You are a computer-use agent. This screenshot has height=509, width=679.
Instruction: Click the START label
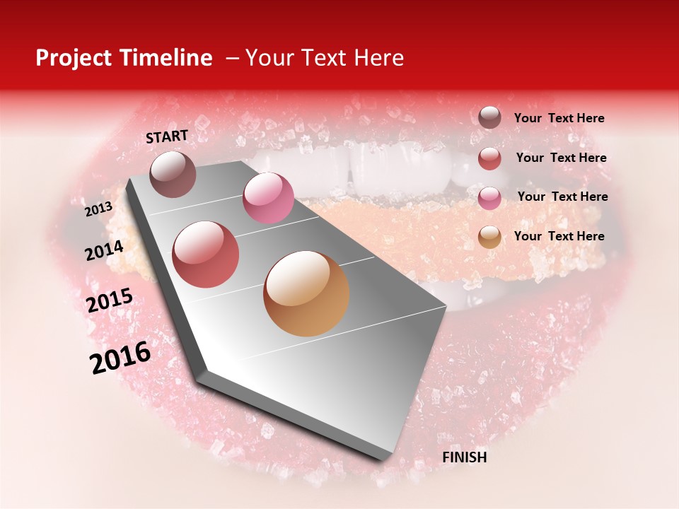167,136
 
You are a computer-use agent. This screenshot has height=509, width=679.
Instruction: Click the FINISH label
464,457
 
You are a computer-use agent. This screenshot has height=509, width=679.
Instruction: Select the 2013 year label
99,209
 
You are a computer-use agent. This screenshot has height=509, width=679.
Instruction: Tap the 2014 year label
104,250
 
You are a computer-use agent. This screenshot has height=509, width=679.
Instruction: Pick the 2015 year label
110,300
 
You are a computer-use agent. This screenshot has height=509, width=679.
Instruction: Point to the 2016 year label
120,358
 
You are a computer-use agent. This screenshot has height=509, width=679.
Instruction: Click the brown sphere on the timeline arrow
173,174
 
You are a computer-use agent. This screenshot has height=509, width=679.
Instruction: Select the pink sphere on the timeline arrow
268,198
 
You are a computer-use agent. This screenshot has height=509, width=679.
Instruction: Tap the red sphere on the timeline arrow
206,254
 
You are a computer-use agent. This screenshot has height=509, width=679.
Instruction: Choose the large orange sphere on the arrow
306,293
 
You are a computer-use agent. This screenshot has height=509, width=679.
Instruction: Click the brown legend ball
489,118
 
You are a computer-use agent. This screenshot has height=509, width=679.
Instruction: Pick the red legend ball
489,158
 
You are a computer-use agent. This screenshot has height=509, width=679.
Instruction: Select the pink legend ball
489,198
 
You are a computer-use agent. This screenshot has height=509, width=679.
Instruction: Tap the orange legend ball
489,237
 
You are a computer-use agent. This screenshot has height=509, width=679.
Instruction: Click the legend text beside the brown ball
559,119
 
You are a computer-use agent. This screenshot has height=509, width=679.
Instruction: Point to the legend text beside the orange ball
559,236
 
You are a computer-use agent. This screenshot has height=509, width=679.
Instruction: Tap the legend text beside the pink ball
562,197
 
